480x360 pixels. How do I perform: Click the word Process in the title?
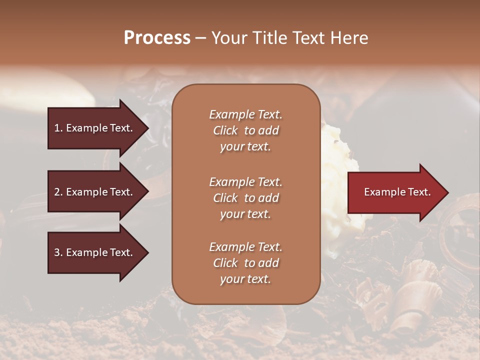157,37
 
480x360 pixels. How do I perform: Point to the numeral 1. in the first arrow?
58,128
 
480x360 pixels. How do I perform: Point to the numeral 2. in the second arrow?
58,192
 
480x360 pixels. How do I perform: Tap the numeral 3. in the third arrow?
58,253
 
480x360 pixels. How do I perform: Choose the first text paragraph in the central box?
245,130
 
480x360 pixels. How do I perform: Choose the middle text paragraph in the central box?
245,198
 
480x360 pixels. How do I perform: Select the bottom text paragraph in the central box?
245,263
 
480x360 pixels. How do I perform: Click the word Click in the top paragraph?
225,130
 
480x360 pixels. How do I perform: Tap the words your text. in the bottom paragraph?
245,279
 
